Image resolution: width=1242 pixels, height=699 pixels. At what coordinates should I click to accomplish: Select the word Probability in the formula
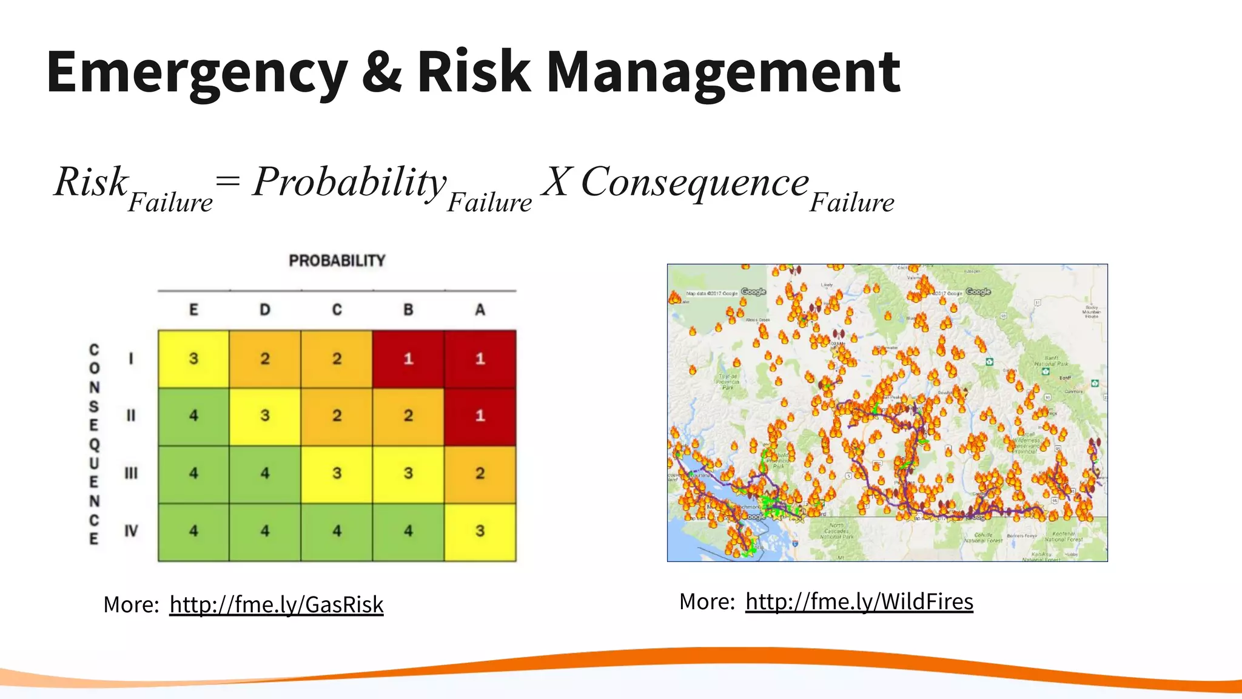coord(350,181)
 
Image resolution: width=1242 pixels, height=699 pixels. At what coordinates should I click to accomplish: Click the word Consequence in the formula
coord(695,181)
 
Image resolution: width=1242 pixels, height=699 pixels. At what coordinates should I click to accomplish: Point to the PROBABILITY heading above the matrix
coord(337,261)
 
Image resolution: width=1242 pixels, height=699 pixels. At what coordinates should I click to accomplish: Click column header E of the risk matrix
coord(193,310)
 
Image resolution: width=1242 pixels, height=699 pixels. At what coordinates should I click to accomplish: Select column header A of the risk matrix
coord(480,310)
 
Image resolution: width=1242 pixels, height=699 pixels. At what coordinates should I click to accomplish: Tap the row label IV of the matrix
coord(131,532)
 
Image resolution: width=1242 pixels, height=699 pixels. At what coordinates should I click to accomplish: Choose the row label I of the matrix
coord(131,359)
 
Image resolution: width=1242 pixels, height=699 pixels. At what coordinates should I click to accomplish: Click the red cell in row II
coord(480,416)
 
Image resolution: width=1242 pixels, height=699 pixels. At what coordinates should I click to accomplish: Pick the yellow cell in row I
coord(193,359)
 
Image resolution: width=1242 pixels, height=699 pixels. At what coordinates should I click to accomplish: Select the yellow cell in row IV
coord(480,532)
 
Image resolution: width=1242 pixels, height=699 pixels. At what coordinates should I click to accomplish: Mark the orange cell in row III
coord(480,474)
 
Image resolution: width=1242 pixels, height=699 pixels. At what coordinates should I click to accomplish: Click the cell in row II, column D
coord(265,416)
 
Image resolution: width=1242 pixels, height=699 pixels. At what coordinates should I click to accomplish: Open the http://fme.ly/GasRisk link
coord(277,605)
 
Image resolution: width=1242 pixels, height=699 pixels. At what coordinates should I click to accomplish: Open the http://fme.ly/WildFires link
coord(859,602)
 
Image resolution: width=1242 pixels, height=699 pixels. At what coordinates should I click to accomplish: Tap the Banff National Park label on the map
coord(1052,362)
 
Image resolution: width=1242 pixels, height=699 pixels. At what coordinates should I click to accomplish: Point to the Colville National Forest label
coord(983,538)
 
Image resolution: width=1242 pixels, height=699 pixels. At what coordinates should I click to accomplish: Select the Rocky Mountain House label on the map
coord(1092,311)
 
